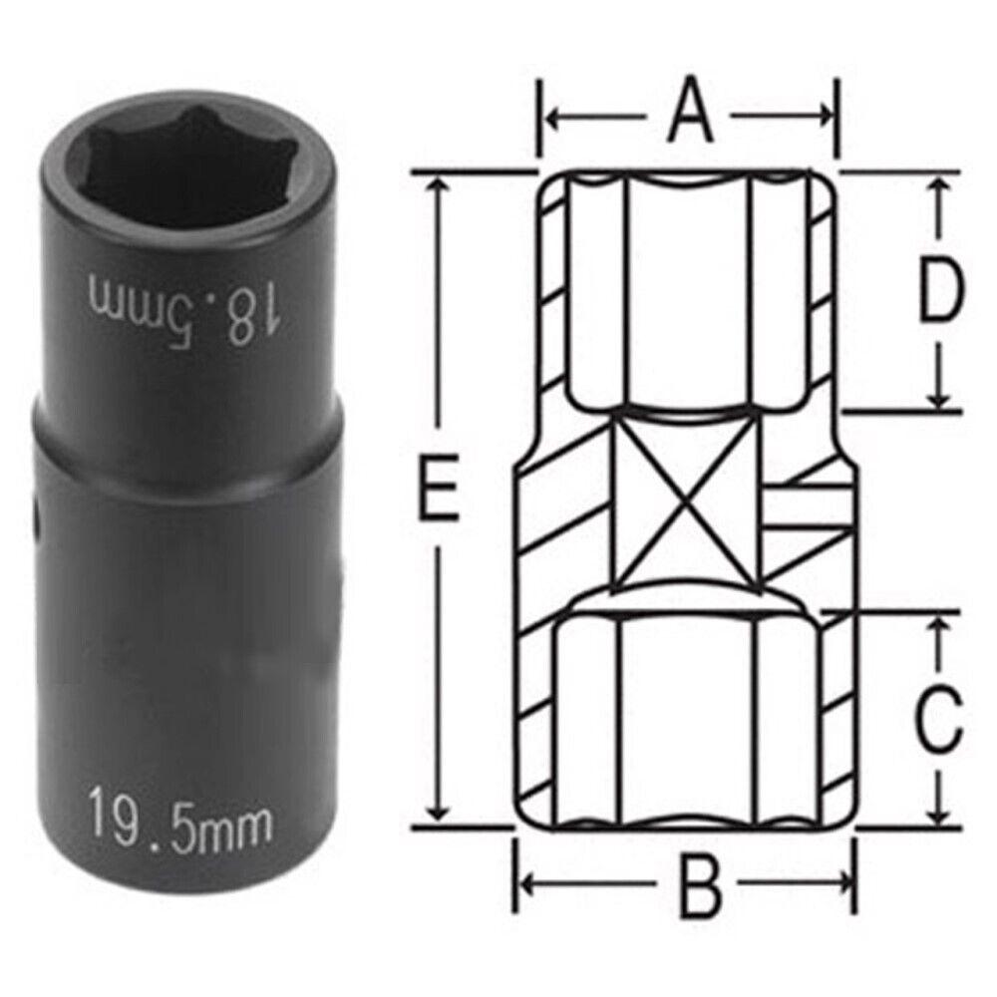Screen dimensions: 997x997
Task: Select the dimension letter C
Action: coord(938,720)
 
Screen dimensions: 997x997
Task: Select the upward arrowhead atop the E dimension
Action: coord(438,189)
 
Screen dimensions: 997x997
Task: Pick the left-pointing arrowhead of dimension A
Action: coord(552,117)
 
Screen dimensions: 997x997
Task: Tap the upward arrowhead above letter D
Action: coord(938,189)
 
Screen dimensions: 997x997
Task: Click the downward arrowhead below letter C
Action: coord(938,813)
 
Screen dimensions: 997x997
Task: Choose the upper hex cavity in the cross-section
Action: coord(688,289)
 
